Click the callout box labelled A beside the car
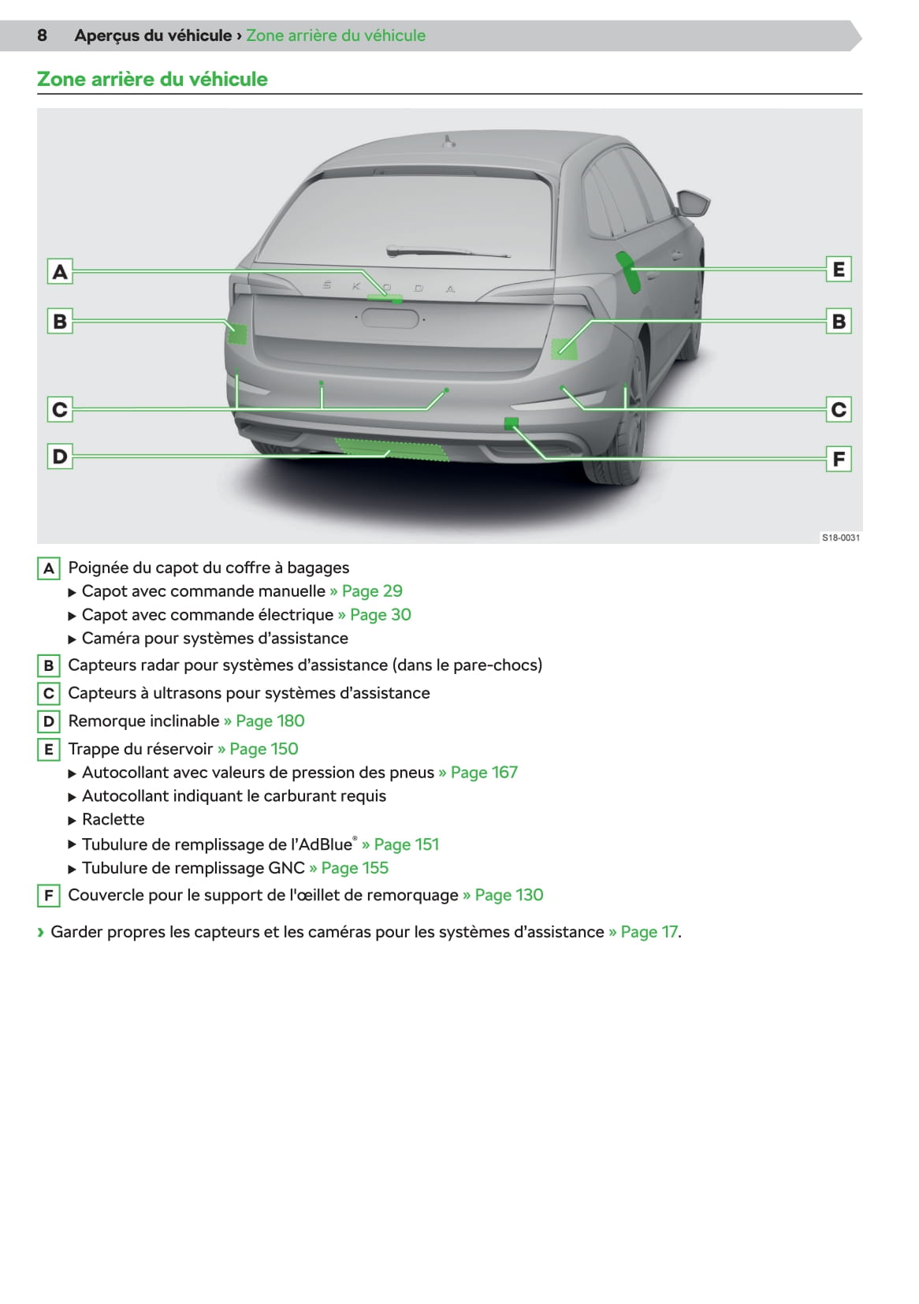(x=60, y=272)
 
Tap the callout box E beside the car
(x=839, y=269)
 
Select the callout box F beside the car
(x=839, y=459)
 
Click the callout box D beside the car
(x=60, y=456)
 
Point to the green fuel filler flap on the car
(x=628, y=272)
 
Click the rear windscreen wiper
(x=448, y=251)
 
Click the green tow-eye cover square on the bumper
(x=511, y=423)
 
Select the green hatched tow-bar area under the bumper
(x=391, y=449)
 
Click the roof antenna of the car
(x=448, y=141)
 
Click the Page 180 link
(x=264, y=721)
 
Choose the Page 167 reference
(x=478, y=772)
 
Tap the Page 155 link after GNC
(x=348, y=867)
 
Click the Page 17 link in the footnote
(x=643, y=931)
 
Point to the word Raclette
(x=113, y=819)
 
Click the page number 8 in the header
(x=42, y=35)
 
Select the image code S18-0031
(x=840, y=538)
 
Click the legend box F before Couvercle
(x=49, y=895)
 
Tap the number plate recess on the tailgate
(x=390, y=319)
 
